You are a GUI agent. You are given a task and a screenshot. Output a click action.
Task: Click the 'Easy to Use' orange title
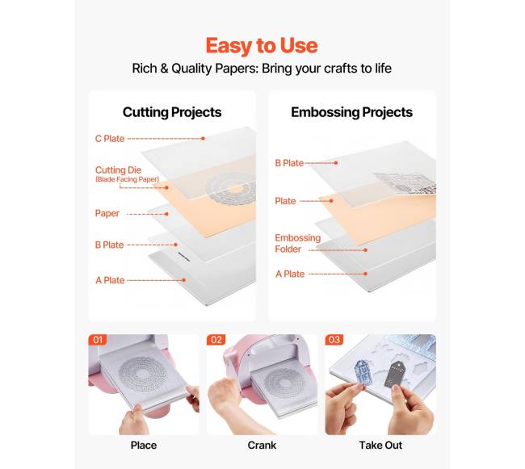(x=262, y=45)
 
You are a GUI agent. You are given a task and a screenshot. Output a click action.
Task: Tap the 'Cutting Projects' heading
(x=172, y=112)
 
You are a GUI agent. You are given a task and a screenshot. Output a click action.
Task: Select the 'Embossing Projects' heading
(x=351, y=112)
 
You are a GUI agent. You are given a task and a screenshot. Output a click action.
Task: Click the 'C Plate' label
(x=110, y=139)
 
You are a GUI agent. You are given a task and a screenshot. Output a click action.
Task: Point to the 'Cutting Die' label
(x=118, y=170)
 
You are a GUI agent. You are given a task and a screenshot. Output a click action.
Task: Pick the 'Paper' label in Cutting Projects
(x=107, y=213)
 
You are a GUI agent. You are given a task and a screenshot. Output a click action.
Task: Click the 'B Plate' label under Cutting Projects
(x=109, y=245)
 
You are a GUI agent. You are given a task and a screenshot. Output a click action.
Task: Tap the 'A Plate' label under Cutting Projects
(x=110, y=280)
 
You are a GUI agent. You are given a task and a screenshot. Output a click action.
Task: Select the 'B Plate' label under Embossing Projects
(x=289, y=163)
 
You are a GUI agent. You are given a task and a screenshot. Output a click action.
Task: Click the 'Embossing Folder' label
(x=298, y=243)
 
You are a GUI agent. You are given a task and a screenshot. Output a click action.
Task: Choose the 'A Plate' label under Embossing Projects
(x=290, y=274)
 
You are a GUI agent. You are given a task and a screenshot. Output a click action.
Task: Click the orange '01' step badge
(x=98, y=340)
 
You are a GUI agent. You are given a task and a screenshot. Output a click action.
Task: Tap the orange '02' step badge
(x=216, y=340)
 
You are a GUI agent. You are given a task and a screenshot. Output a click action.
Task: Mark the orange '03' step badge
(x=334, y=340)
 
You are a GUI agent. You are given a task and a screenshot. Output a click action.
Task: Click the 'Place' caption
(x=144, y=446)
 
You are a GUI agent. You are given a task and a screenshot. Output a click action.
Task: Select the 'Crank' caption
(x=262, y=446)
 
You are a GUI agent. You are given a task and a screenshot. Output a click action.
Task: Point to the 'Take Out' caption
(x=380, y=446)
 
